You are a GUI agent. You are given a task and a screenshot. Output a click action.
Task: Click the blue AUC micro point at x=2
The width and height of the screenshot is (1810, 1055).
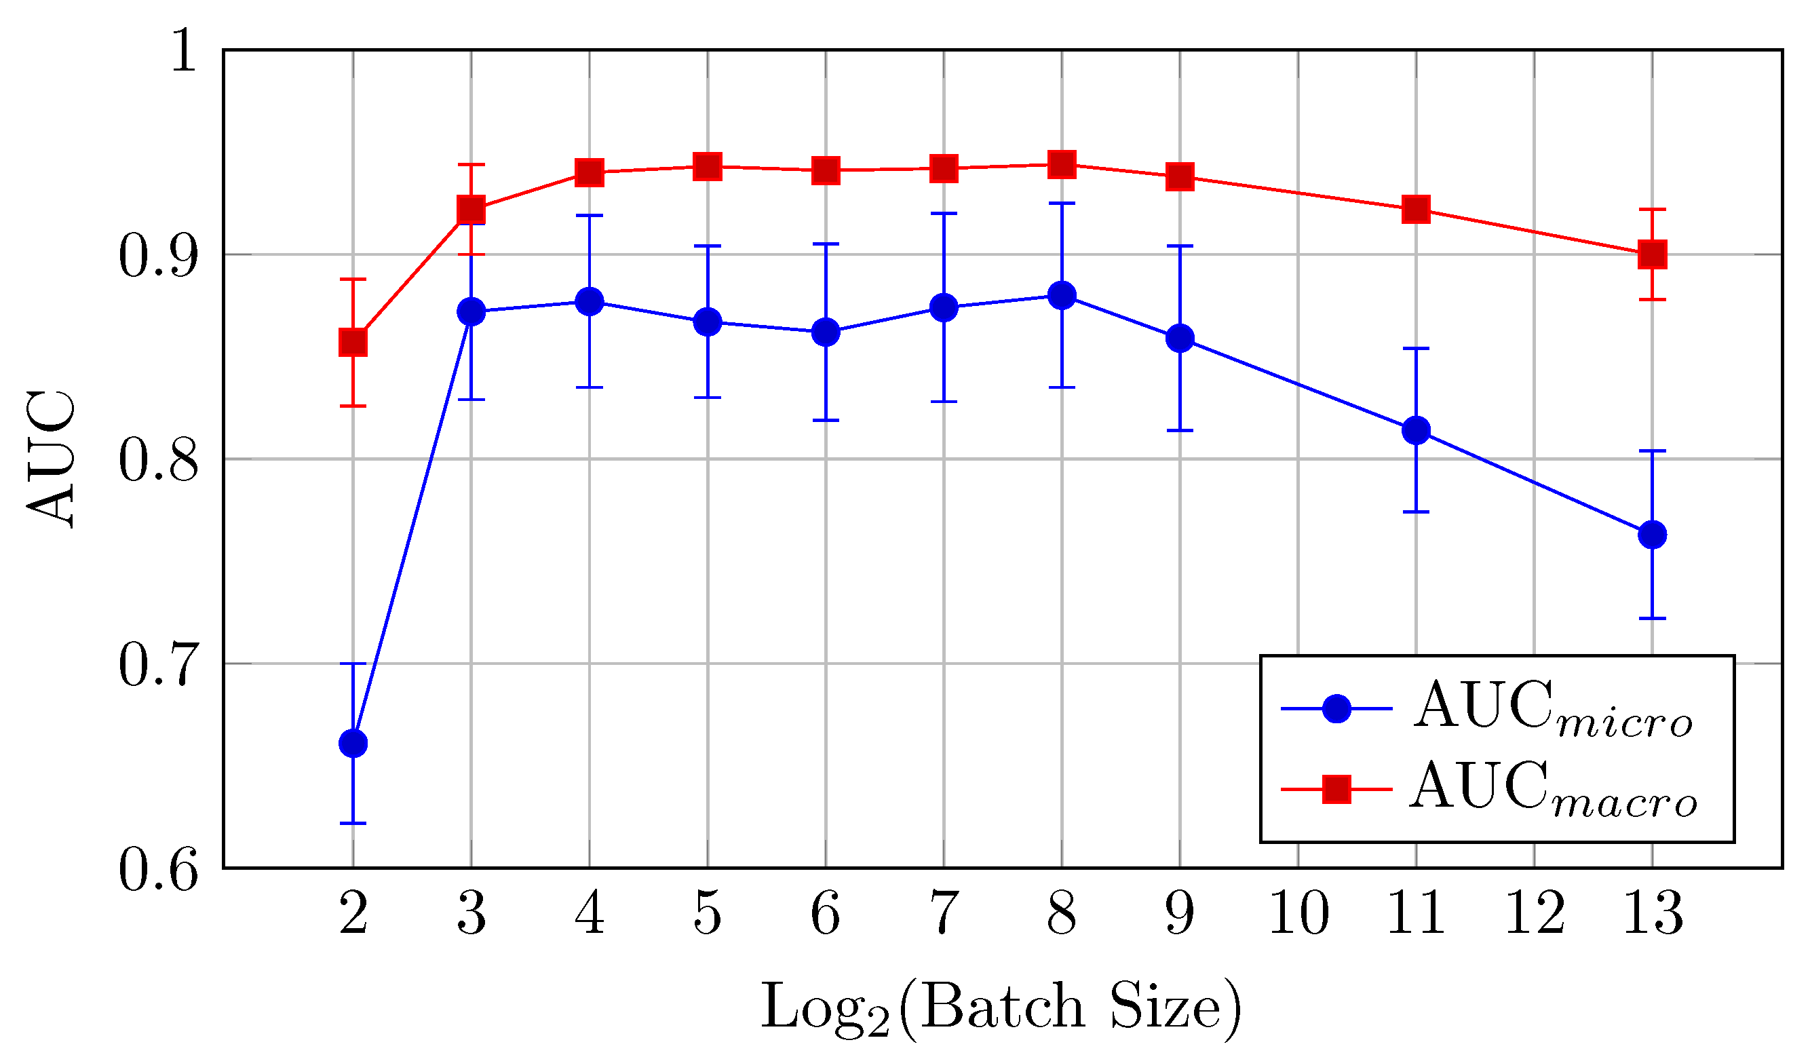tap(353, 744)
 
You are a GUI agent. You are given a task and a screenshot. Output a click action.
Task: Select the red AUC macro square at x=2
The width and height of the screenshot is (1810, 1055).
tap(353, 343)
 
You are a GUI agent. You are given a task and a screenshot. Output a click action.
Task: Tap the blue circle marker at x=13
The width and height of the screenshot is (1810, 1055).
tap(1653, 535)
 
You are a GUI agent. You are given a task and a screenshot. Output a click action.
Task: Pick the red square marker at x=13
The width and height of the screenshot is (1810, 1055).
tap(1653, 254)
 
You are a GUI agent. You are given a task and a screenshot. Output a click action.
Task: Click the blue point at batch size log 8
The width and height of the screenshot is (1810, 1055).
tap(1062, 295)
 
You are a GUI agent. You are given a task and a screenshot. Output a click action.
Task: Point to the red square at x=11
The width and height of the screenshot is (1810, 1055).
tap(1416, 210)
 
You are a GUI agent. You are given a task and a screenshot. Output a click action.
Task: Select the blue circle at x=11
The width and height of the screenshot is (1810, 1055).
tap(1416, 430)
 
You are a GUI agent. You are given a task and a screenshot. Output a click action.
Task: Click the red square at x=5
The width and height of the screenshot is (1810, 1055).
tap(708, 167)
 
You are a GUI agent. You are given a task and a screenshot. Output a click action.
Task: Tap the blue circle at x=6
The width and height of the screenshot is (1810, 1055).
tap(825, 332)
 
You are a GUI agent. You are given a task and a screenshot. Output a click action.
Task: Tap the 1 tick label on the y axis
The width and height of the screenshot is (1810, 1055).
tap(184, 50)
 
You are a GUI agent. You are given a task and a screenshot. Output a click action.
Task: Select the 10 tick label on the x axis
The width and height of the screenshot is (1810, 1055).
tap(1298, 913)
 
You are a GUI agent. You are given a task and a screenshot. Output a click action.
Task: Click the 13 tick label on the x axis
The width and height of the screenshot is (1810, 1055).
tap(1653, 913)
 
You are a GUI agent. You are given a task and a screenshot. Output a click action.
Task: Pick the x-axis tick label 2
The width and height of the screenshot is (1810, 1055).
tap(353, 913)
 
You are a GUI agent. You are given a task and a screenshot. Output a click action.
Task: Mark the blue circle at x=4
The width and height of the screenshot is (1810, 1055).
tap(590, 302)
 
